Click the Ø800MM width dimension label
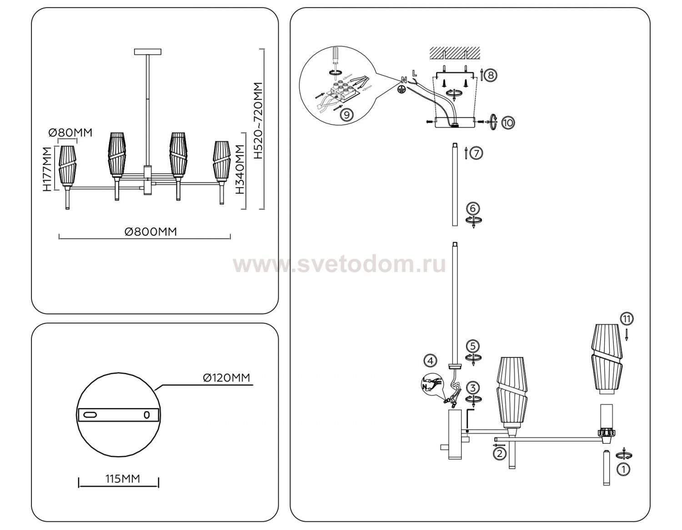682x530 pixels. tap(151, 232)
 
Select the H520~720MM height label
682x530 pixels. tap(259, 120)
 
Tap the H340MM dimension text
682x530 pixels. tap(240, 169)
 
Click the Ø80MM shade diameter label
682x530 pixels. tap(70, 133)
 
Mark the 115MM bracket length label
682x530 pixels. tap(123, 479)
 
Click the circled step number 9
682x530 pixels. tap(346, 115)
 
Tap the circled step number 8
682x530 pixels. tap(490, 75)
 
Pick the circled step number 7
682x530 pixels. tap(476, 154)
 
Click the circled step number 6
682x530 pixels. tap(473, 208)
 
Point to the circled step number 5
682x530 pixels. tap(473, 346)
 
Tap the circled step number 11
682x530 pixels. tap(627, 319)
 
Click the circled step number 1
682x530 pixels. tap(625, 470)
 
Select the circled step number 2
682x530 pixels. tap(499, 452)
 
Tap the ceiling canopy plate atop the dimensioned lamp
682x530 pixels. tap(147, 52)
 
